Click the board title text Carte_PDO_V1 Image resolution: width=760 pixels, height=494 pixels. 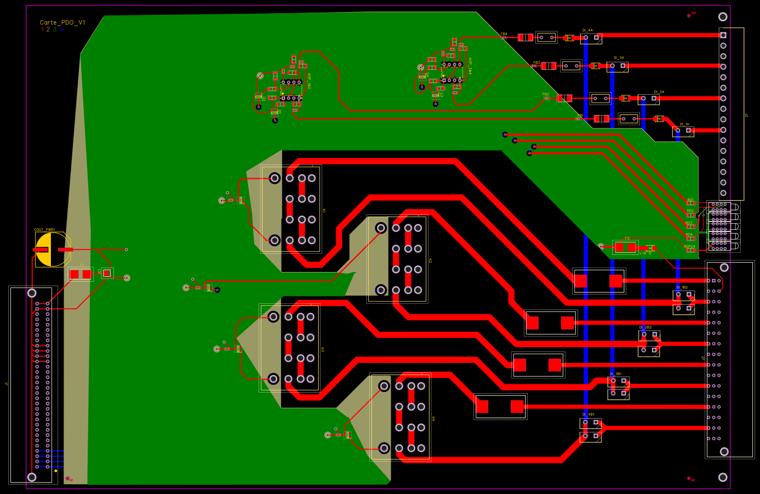click(x=62, y=22)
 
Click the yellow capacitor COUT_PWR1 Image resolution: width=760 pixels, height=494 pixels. click(x=53, y=249)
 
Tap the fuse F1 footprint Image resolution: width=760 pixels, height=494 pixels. click(x=81, y=274)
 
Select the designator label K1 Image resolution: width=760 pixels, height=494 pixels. click(x=324, y=211)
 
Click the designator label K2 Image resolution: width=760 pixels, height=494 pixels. click(x=430, y=260)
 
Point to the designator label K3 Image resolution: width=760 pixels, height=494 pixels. click(x=323, y=349)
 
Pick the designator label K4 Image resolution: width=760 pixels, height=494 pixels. click(x=433, y=419)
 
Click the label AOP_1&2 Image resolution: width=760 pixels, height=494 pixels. click(x=309, y=81)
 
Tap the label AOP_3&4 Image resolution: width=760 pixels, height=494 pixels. click(x=470, y=66)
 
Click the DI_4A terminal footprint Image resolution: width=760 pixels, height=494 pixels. click(x=591, y=38)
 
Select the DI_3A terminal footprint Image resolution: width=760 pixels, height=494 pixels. click(x=618, y=66)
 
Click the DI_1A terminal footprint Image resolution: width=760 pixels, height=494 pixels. click(x=683, y=131)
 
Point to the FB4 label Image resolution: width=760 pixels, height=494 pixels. click(x=504, y=34)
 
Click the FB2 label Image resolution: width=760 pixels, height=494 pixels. click(x=546, y=94)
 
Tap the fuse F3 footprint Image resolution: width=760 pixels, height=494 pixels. click(x=625, y=247)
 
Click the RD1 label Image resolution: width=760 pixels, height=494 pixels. click(x=690, y=200)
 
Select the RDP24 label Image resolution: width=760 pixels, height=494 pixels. click(x=689, y=247)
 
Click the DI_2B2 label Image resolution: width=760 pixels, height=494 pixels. click(x=645, y=327)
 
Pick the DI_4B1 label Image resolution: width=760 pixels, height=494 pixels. click(x=588, y=414)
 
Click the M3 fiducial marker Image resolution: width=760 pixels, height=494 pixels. click(x=689, y=15)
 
